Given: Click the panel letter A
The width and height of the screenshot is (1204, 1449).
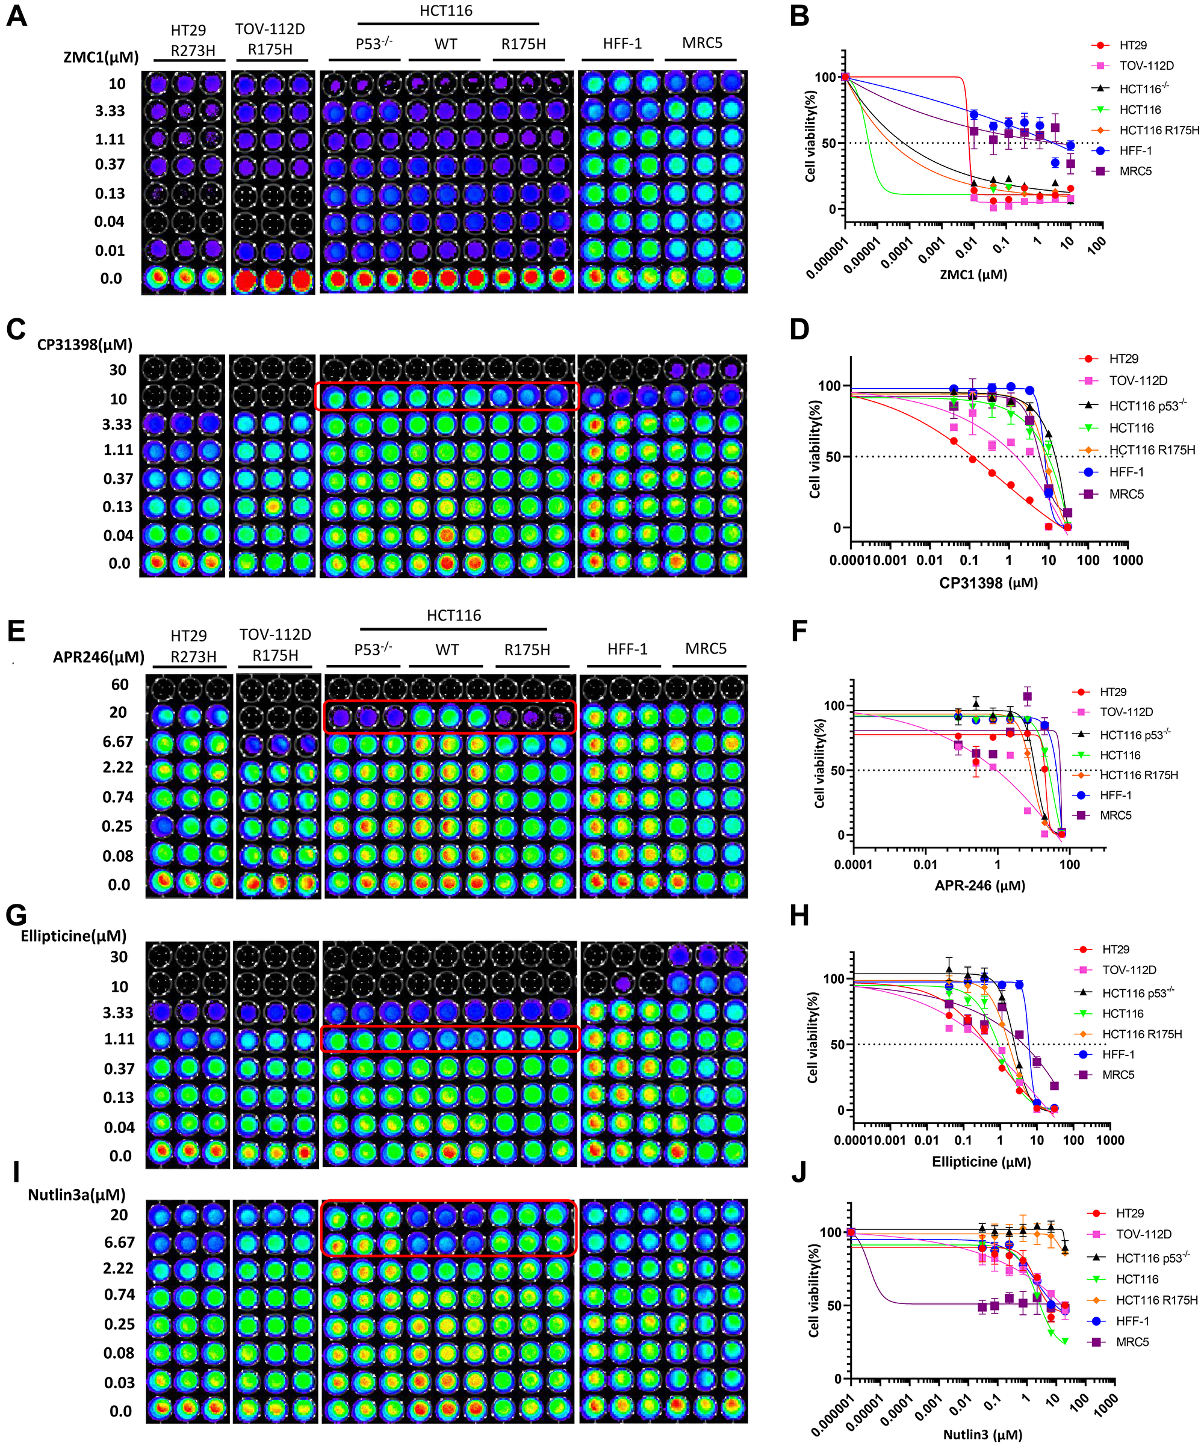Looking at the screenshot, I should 17,15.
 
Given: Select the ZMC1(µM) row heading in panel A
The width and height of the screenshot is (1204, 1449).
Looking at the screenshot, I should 101,57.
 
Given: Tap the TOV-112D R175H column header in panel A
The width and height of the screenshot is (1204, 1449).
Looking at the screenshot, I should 270,39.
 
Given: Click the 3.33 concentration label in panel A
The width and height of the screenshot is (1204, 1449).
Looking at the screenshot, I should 110,111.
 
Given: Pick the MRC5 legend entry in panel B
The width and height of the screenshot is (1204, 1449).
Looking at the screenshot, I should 1135,171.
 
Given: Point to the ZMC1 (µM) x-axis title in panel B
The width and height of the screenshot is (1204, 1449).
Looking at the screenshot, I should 973,274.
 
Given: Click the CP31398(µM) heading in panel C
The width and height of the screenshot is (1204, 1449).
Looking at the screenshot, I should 84,344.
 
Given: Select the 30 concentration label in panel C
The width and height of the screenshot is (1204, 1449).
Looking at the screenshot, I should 118,370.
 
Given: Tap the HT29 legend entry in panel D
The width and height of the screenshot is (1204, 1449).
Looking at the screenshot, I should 1123,359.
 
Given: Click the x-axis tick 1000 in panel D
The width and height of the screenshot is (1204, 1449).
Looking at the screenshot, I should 1128,560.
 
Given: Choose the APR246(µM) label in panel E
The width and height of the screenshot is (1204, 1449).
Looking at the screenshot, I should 99,657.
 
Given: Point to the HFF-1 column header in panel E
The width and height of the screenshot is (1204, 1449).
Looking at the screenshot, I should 627,649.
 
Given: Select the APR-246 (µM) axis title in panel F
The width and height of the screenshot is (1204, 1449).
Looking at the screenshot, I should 979,885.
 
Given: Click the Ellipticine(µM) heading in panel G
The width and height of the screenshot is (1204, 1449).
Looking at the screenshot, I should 74,936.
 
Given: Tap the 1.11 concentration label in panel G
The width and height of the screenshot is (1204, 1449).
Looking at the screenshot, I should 119,1039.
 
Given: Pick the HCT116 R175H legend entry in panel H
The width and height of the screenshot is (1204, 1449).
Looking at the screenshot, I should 1142,1034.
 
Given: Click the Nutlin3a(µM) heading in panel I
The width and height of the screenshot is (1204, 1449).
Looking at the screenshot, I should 76,1194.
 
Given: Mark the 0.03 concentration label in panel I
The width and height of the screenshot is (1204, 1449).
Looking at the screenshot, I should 119,1382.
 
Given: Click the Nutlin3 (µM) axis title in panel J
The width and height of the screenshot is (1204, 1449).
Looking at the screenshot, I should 982,1435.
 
